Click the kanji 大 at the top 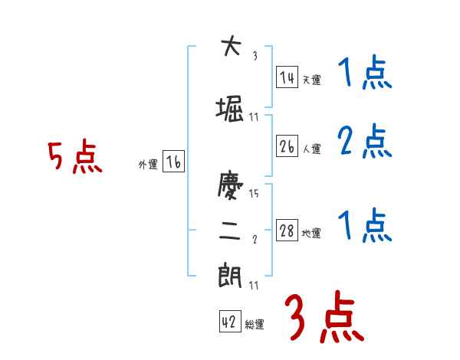230,47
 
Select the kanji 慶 230,187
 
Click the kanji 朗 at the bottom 230,275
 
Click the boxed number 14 287,77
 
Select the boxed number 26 287,146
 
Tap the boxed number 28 287,231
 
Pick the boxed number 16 174,162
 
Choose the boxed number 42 229,322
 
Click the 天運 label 311,80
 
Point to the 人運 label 311,149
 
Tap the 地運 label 311,234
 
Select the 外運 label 147,165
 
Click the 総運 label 254,325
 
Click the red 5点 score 74,157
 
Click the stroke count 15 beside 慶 255,194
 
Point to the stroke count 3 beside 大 255,55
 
